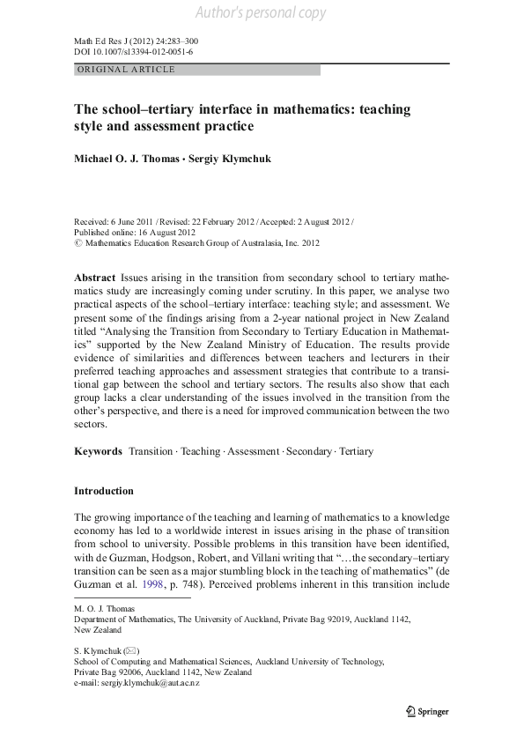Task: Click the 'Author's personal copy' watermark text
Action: point(261,12)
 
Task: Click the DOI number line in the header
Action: point(133,52)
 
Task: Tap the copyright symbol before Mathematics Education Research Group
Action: point(77,242)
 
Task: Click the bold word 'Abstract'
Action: point(94,277)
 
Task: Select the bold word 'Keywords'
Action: point(98,451)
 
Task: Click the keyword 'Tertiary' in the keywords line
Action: point(356,451)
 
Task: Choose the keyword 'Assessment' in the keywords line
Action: point(254,451)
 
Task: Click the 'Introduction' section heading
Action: point(104,491)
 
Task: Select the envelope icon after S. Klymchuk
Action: point(129,651)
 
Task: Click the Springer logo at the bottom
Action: point(426,711)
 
